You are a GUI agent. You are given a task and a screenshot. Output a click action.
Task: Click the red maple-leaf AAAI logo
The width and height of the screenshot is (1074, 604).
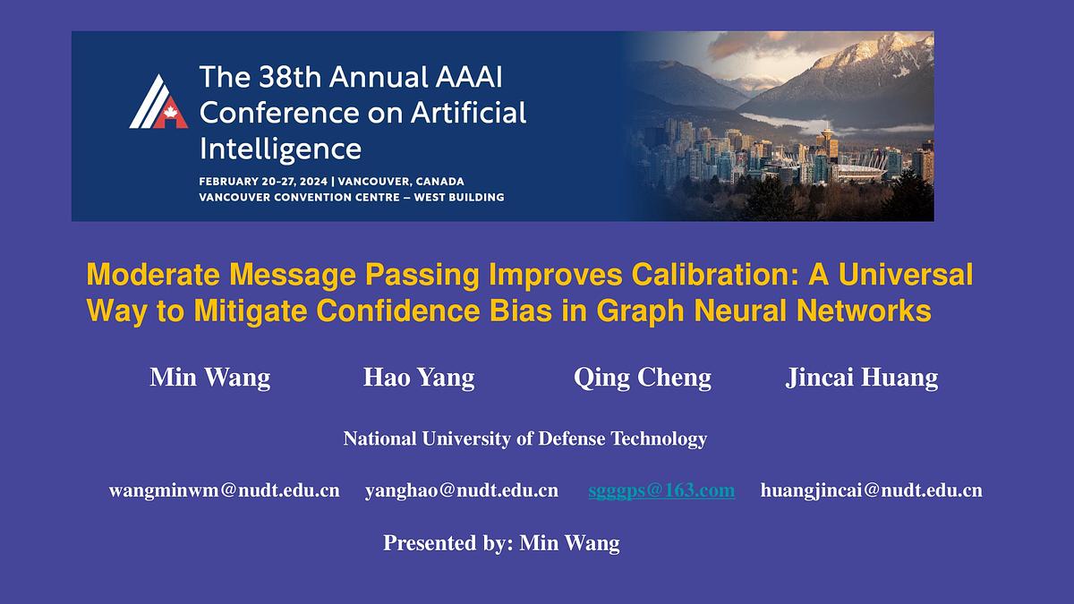pos(158,102)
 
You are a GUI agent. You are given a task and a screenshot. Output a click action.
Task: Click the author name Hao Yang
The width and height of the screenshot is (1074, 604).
pos(419,378)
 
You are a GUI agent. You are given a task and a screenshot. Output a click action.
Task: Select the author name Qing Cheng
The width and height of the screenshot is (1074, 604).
pos(643,378)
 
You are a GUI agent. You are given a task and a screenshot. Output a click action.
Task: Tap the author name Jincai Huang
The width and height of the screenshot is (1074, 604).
pos(862,378)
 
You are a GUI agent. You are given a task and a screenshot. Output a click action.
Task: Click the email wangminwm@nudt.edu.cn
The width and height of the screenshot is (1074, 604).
pos(225,490)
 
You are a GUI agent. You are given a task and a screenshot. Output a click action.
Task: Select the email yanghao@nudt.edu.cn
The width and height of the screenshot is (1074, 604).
pos(462,490)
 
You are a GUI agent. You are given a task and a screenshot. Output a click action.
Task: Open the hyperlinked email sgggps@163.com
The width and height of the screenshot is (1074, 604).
pos(661,490)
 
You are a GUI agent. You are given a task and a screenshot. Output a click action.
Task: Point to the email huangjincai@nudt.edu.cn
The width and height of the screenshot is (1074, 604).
pos(871,490)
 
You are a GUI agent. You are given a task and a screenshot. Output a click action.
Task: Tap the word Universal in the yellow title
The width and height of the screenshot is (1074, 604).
pos(906,275)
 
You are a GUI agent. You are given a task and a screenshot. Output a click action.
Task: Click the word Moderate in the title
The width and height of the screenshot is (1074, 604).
pos(153,275)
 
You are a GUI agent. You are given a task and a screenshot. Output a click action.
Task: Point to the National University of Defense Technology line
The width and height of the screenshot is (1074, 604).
pos(525,438)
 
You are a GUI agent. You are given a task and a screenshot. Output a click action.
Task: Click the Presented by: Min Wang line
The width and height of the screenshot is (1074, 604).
pos(501,543)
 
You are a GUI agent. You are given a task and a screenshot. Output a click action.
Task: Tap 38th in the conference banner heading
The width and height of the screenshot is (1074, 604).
pos(290,77)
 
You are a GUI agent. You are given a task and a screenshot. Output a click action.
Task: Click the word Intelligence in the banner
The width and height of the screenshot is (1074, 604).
pos(280,149)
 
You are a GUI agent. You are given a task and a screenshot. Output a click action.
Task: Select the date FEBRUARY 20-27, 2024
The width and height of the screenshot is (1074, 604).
pos(263,182)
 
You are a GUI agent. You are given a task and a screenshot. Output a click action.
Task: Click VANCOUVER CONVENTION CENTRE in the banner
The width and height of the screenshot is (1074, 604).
pos(299,198)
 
